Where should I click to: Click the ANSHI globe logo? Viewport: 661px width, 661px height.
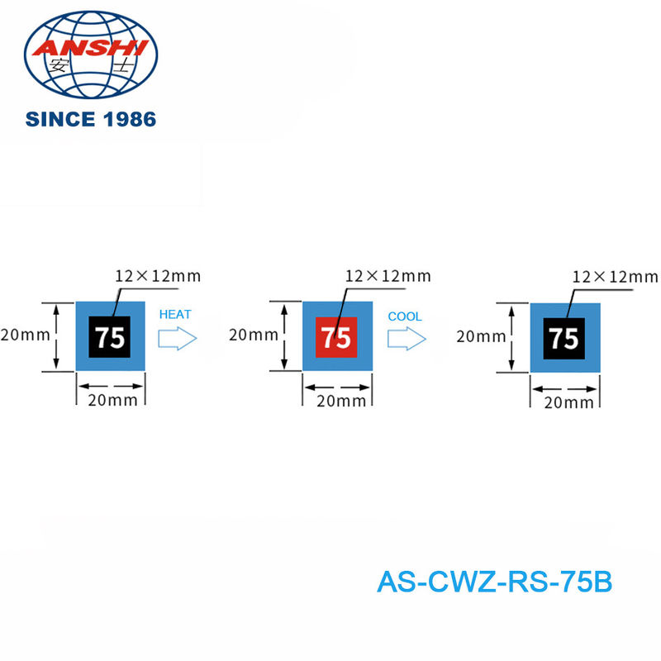pos(91,54)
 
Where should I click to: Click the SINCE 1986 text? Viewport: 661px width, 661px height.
pos(91,119)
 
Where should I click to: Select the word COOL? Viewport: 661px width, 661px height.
pos(405,316)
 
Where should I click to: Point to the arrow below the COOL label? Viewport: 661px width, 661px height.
pos(407,338)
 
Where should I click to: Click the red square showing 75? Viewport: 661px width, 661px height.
pos(336,337)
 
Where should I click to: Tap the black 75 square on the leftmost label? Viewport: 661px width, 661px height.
pos(109,337)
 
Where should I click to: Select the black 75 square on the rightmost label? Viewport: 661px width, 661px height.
pos(564,339)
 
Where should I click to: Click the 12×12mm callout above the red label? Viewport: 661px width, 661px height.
pos(388,276)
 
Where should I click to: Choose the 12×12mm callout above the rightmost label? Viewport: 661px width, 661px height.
pos(615,276)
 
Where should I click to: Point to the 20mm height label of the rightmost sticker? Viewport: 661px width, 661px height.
pos(480,336)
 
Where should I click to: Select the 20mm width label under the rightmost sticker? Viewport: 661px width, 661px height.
pos(568,402)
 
